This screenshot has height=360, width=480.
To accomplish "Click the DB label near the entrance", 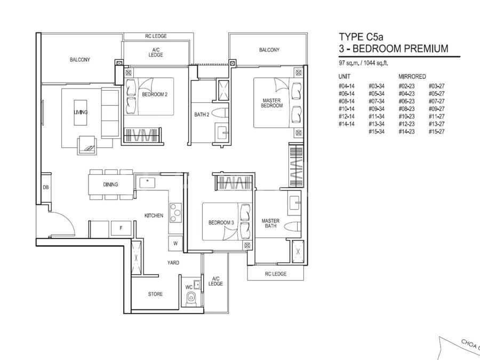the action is pyautogui.click(x=46, y=187).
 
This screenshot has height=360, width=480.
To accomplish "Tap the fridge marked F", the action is pyautogui.click(x=121, y=228).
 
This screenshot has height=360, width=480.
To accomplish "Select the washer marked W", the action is pyautogui.click(x=175, y=244).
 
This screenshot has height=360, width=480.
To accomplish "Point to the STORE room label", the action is pyautogui.click(x=156, y=294).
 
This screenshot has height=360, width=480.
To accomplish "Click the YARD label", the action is pyautogui.click(x=173, y=262).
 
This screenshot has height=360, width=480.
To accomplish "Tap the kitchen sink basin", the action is pyautogui.click(x=148, y=183).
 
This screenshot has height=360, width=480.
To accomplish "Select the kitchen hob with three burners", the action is pyautogui.click(x=175, y=212).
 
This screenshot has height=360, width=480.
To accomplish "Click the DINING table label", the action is pyautogui.click(x=110, y=185).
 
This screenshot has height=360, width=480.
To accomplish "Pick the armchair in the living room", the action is pyautogui.click(x=87, y=145).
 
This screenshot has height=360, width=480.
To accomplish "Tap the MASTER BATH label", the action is pyautogui.click(x=270, y=223).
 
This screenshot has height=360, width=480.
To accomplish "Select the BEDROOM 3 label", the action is pyautogui.click(x=221, y=222).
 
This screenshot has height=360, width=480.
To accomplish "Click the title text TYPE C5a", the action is pyautogui.click(x=361, y=37).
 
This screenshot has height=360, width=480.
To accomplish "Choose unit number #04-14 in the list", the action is pyautogui.click(x=347, y=86).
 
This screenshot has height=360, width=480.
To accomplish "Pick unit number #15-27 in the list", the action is pyautogui.click(x=436, y=132).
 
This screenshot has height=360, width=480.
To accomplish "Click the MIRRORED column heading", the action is pyautogui.click(x=412, y=76).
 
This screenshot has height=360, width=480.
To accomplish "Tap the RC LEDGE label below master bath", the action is pyautogui.click(x=276, y=274).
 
